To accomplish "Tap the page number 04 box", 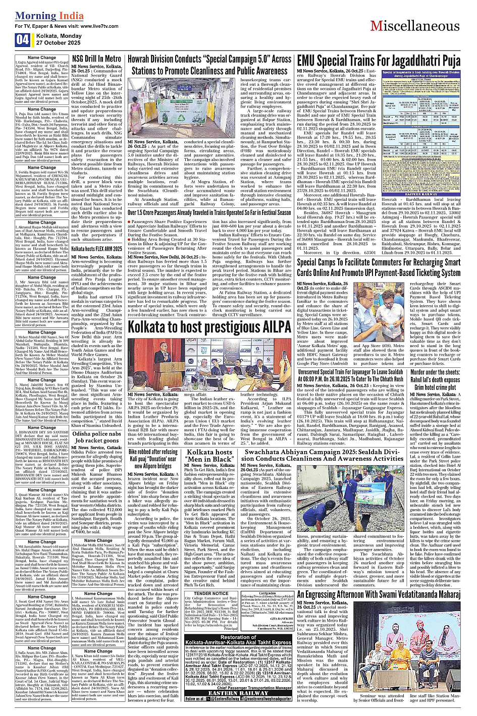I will pos(22,39).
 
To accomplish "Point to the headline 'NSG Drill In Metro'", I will pos(96,59).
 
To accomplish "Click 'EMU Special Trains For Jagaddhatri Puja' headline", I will pos(379,61).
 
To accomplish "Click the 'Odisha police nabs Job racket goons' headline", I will pos(96,437).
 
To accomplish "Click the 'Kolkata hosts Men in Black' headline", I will pos(209,456).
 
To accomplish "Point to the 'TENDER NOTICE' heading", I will pos(211,593).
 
